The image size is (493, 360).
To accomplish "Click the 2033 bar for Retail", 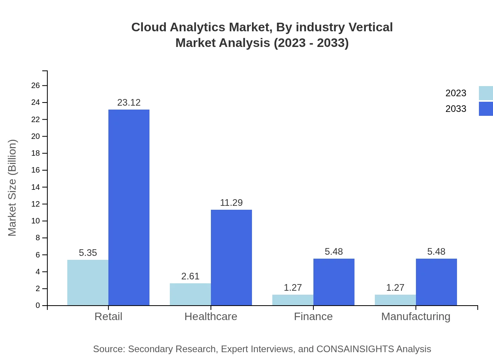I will point(129,207).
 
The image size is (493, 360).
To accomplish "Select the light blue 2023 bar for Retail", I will point(88,283).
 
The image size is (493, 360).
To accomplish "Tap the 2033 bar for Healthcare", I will point(231,257).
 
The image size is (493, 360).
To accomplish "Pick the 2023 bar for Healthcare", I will point(190,294).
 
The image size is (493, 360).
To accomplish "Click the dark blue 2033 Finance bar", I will point(334,282).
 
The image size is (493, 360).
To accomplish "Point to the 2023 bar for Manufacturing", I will point(395,300).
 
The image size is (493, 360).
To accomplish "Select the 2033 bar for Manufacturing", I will point(436,282).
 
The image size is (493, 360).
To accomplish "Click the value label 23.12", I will point(129,103).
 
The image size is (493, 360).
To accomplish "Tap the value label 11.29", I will point(231,203).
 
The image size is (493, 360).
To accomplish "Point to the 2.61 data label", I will point(190,276).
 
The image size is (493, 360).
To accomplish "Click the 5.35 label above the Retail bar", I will point(88,253).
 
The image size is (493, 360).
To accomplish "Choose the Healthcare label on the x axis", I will point(211,317).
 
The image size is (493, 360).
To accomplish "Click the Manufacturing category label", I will point(416,317).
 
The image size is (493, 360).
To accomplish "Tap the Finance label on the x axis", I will point(313,317).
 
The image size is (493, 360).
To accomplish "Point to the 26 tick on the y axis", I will point(36,86).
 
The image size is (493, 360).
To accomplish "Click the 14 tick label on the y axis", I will point(36,187).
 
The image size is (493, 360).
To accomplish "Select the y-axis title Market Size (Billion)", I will point(13,188).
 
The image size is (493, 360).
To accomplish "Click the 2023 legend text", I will point(456,93).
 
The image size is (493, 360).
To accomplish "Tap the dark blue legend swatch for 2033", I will point(486,109).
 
